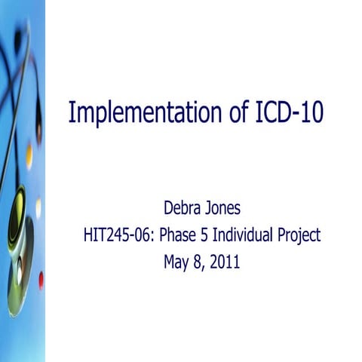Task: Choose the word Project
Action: [299, 235]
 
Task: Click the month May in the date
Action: [176, 264]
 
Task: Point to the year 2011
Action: [225, 264]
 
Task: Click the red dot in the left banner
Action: [40, 281]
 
